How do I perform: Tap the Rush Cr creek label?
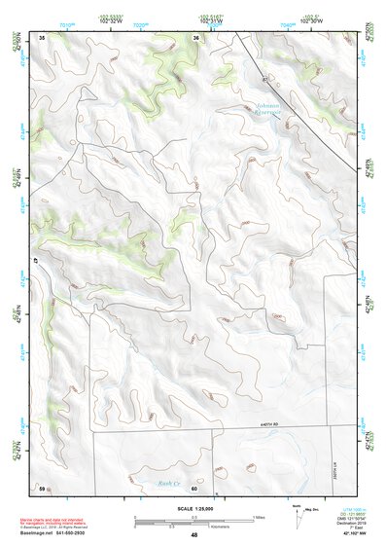coord(170,483)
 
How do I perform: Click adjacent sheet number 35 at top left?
coord(42,37)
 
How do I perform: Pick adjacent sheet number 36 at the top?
coord(196,38)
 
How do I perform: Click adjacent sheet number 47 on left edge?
coord(37,263)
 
